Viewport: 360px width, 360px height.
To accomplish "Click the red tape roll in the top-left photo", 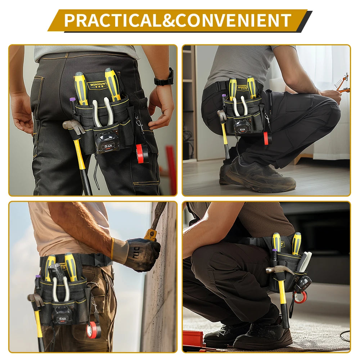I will point(142,153).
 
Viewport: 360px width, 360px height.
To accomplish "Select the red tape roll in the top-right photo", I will point(266,138).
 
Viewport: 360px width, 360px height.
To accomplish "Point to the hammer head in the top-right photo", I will point(221,115).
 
